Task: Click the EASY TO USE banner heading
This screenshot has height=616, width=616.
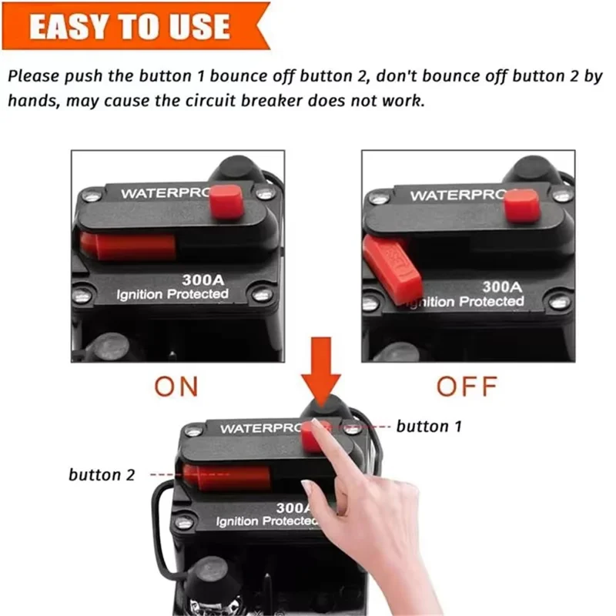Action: (x=129, y=26)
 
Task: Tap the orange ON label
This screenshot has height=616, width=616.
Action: (x=176, y=387)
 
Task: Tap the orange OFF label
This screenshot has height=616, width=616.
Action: (x=467, y=387)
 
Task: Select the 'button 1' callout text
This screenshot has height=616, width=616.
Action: (x=429, y=427)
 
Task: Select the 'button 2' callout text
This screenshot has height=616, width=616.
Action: (x=102, y=474)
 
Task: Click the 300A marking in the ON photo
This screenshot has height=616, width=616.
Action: (x=203, y=280)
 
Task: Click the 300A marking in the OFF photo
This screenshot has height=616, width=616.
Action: (x=502, y=286)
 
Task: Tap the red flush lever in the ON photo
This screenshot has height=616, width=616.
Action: (x=128, y=246)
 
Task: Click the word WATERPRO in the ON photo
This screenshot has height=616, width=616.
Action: (x=166, y=193)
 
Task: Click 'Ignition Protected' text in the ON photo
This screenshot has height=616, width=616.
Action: (x=172, y=294)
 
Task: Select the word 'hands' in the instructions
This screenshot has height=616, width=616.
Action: (x=34, y=101)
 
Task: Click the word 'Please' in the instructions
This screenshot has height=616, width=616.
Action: (x=33, y=75)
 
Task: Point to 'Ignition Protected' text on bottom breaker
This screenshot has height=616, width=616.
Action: (x=267, y=521)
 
